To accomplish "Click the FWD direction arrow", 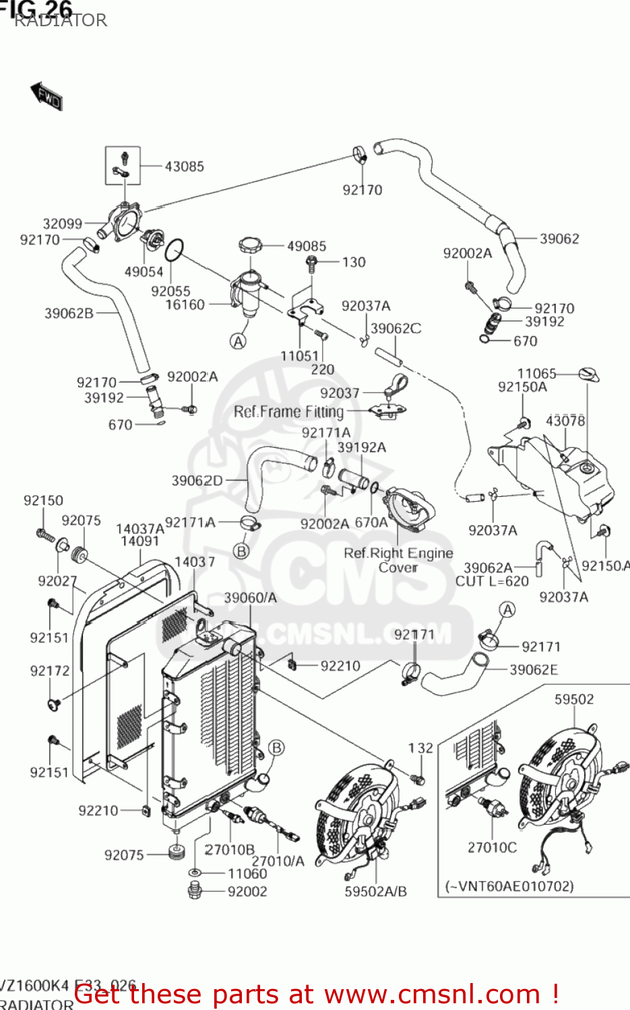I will click(x=46, y=96).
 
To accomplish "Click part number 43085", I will click(x=184, y=166).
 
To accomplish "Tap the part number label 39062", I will click(x=559, y=238).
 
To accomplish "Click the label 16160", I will click(x=185, y=304).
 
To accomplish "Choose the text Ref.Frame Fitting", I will click(x=288, y=411).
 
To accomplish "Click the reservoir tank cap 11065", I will click(x=588, y=374).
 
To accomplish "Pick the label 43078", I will click(x=565, y=421).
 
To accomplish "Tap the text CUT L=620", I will click(x=492, y=581).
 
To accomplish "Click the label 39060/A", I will click(x=250, y=597).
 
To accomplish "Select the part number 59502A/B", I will click(x=375, y=891).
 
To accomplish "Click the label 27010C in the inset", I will click(x=492, y=847).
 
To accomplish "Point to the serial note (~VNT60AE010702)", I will click(x=509, y=886).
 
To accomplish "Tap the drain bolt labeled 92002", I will click(x=195, y=891).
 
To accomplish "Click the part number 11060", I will click(x=247, y=873).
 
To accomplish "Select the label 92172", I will click(x=50, y=671).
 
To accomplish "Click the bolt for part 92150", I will click(x=45, y=535).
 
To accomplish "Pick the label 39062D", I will click(x=197, y=480).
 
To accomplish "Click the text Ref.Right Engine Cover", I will click(x=398, y=560).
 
